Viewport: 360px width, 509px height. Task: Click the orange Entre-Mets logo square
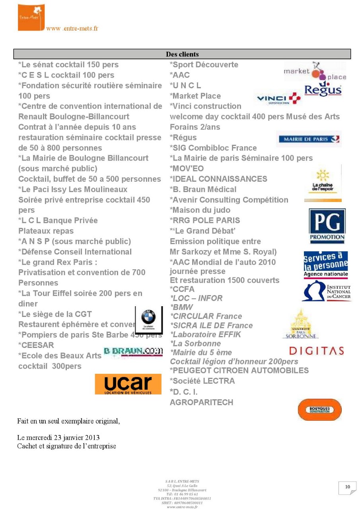click(31, 17)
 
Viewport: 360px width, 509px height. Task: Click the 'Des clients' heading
click(182, 54)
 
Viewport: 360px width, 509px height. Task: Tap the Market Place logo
click(315, 71)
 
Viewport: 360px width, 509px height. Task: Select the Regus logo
click(323, 89)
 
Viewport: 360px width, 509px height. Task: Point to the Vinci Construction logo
click(278, 99)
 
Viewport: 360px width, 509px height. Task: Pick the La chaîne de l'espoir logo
click(323, 183)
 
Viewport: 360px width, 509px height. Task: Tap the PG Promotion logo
click(327, 225)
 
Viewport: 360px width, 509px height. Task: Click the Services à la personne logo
click(326, 264)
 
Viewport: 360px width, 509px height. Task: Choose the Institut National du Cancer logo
click(326, 291)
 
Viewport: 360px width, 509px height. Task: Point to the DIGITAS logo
click(316, 351)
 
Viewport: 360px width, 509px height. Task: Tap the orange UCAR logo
click(128, 384)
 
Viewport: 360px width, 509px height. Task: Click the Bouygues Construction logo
click(319, 410)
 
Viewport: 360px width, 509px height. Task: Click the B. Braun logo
click(133, 352)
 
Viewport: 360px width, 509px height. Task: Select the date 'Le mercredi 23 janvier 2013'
click(58, 437)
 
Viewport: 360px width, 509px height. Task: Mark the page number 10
click(347, 487)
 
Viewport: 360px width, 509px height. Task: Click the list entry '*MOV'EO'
click(187, 169)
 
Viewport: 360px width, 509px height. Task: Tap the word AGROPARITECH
click(201, 402)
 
